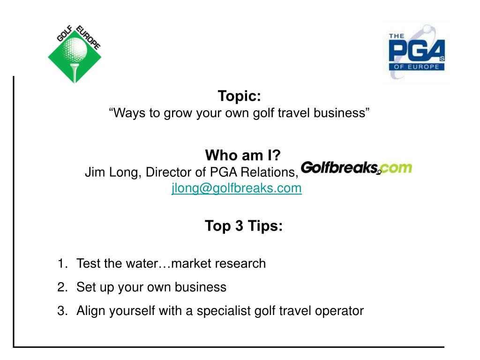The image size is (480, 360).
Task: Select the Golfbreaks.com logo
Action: (x=356, y=168)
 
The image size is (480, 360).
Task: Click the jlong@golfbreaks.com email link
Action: (x=236, y=188)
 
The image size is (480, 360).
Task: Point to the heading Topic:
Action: (x=239, y=97)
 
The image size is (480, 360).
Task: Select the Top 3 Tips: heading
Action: (x=244, y=226)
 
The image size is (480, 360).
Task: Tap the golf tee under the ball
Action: (x=74, y=70)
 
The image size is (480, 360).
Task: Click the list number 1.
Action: (x=62, y=264)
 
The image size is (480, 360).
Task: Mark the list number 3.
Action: (x=62, y=311)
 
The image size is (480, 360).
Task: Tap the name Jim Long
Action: (x=111, y=173)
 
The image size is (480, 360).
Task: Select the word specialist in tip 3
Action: (x=225, y=311)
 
